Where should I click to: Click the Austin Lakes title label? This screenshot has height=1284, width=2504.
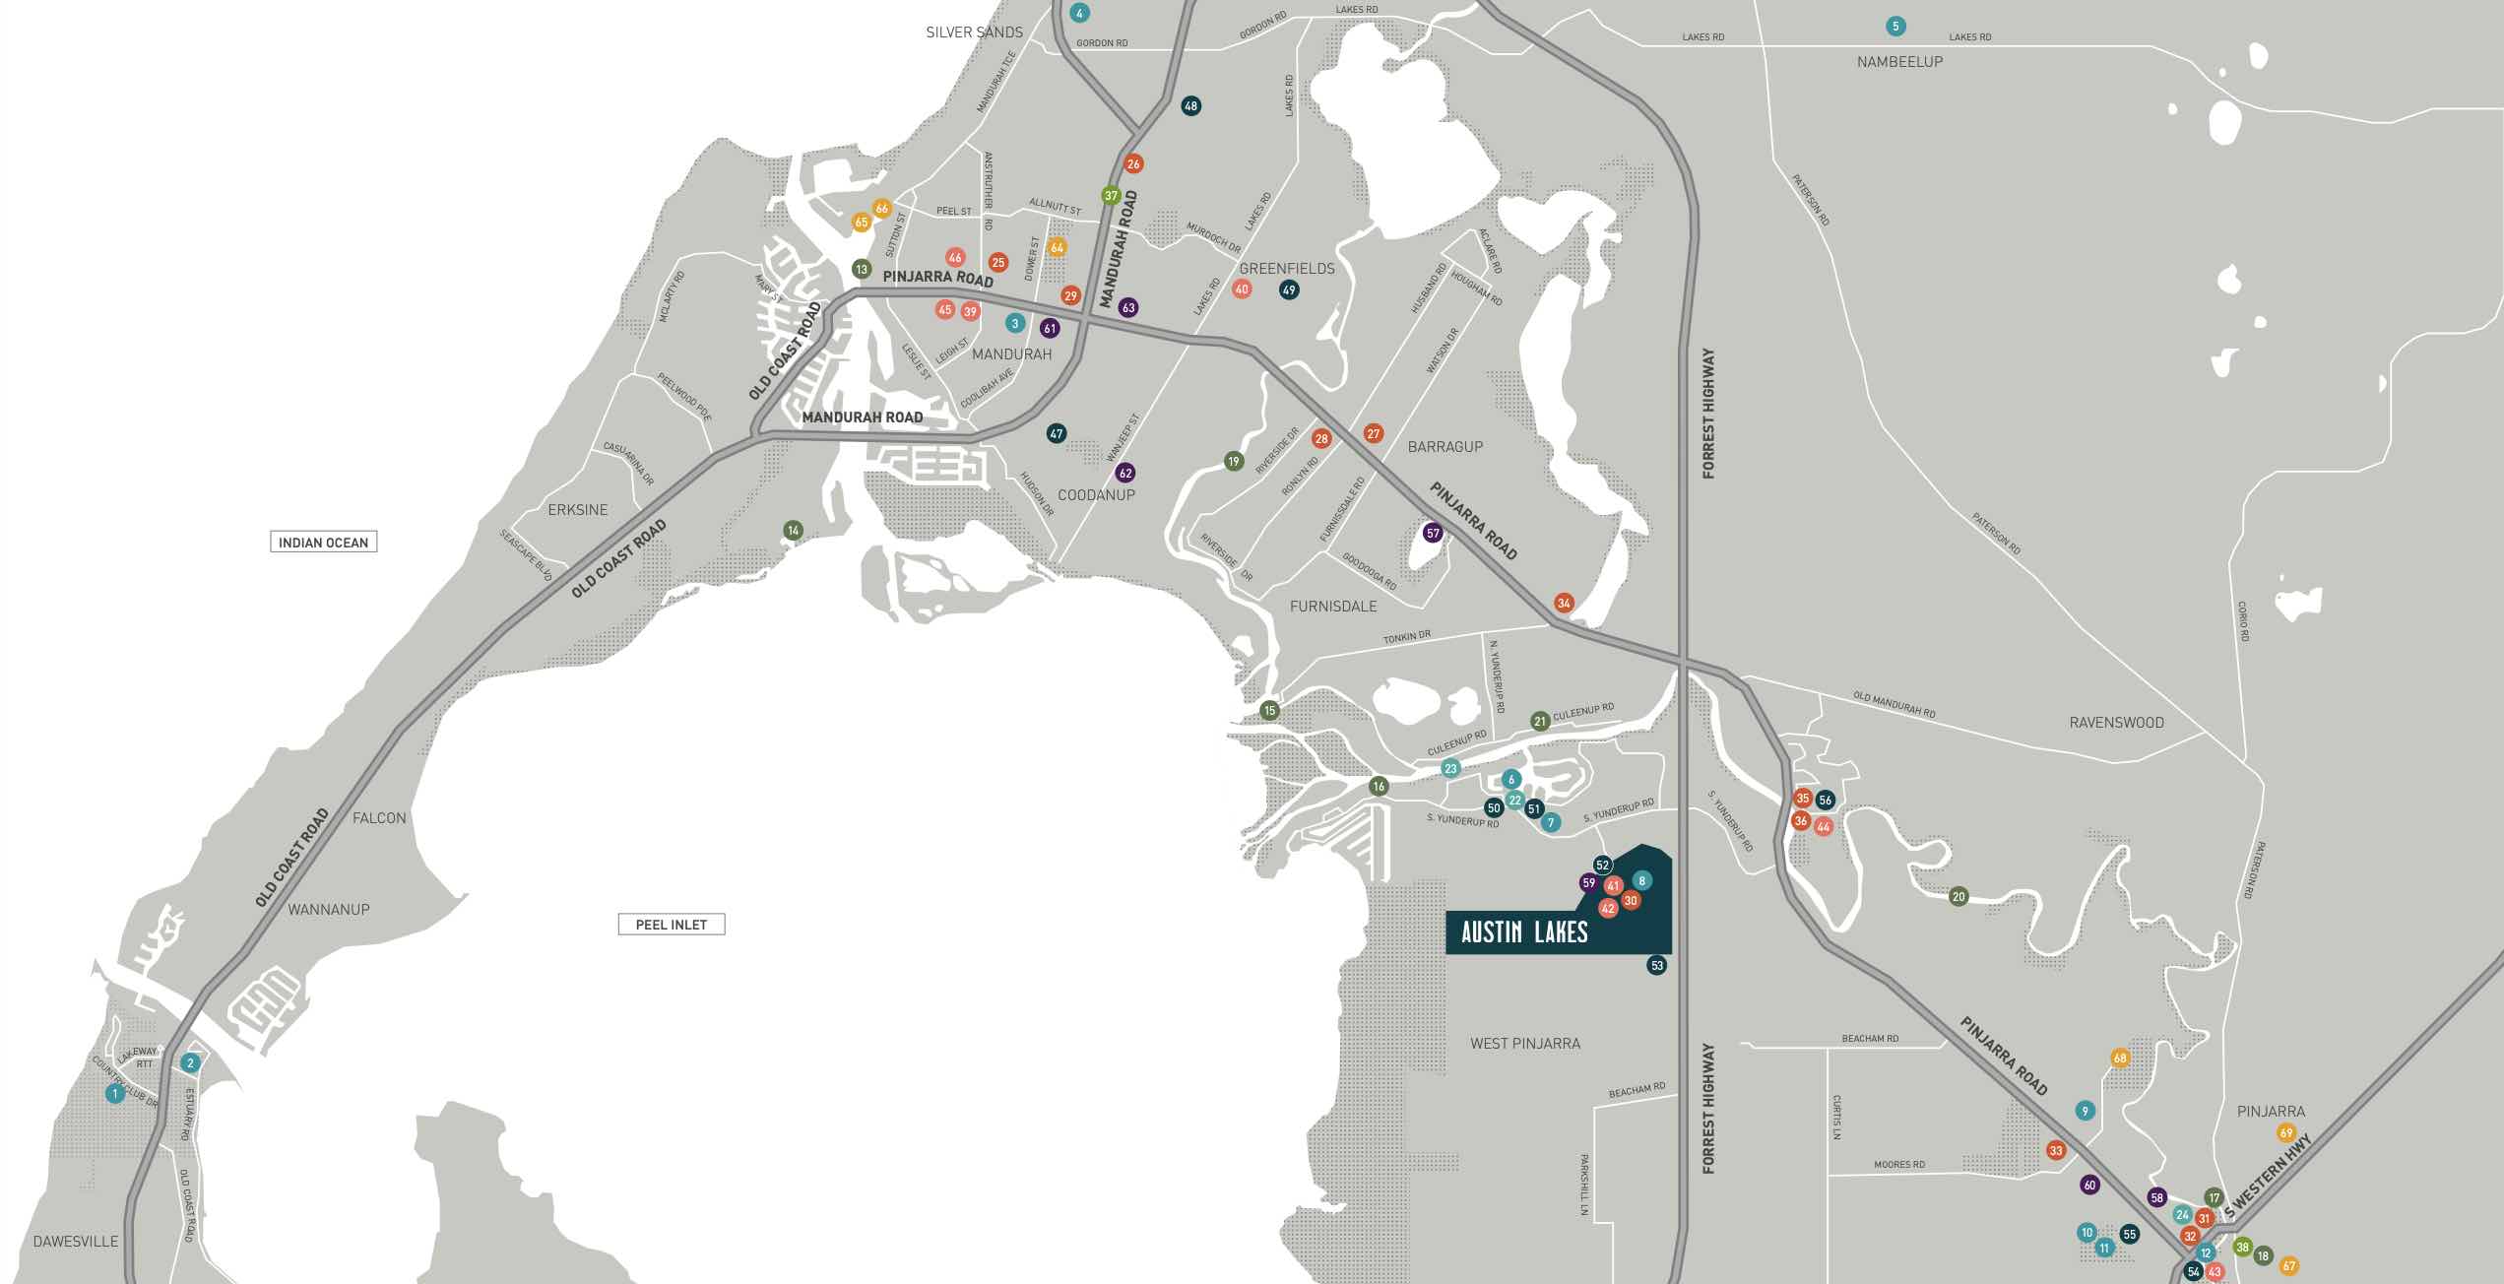click(1524, 931)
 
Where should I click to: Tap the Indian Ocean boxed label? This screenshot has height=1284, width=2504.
click(323, 543)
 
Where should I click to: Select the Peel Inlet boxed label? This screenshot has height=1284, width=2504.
click(672, 925)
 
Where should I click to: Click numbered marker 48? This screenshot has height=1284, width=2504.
click(1190, 106)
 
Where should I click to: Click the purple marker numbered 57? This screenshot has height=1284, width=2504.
click(1433, 534)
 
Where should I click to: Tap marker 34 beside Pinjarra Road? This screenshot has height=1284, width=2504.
click(1564, 603)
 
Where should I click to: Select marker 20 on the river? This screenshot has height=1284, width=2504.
click(1958, 897)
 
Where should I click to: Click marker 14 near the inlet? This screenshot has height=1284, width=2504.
click(793, 531)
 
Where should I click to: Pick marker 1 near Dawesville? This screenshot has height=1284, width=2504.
click(115, 1093)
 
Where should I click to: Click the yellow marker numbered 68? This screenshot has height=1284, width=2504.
click(2120, 1059)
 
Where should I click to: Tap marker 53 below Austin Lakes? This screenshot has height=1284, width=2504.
click(1657, 966)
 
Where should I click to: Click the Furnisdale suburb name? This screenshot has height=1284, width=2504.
click(1333, 607)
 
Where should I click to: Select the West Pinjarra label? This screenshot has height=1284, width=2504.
click(1525, 1043)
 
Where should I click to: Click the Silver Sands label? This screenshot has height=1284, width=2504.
click(974, 32)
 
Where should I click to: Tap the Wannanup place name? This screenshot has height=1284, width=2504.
click(329, 910)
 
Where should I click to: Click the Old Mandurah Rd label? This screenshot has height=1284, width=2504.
click(1894, 705)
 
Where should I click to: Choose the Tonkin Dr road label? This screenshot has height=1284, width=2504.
click(1406, 637)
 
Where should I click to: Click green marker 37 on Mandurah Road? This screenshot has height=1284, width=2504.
click(1111, 196)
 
